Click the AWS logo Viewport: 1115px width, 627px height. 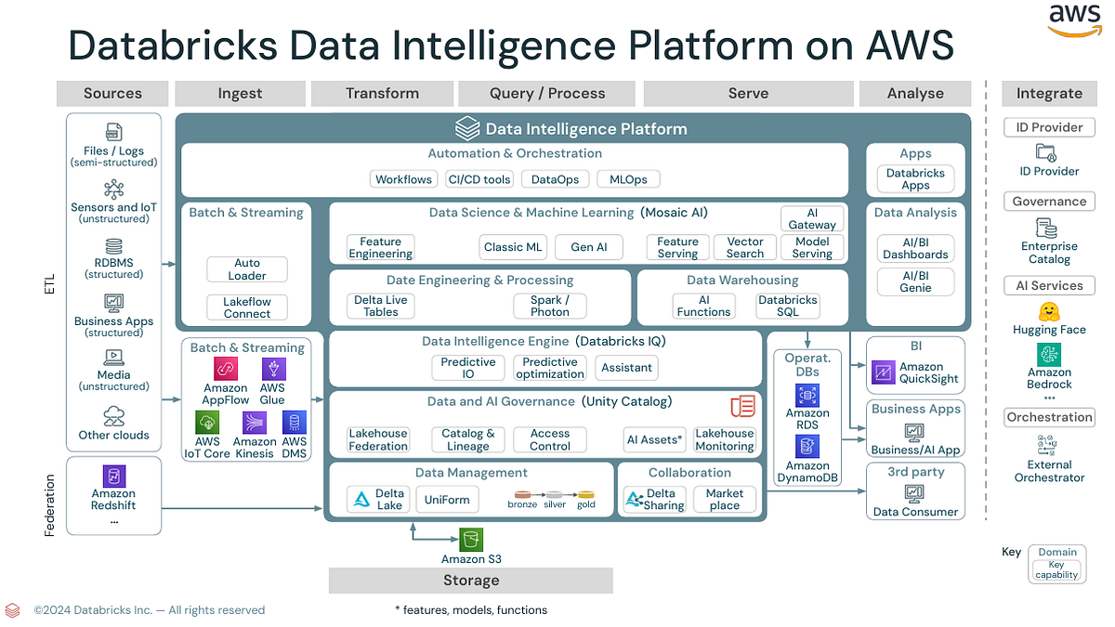click(1074, 20)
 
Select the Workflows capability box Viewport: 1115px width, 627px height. click(403, 179)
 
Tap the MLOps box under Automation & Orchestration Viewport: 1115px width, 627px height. click(628, 179)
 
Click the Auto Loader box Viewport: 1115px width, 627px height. click(247, 269)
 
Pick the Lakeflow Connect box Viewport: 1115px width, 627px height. click(247, 307)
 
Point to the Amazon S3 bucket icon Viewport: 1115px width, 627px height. click(471, 540)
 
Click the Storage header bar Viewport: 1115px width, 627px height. click(471, 581)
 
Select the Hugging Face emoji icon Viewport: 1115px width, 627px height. click(1049, 312)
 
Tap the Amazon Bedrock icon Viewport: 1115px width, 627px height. click(1049, 354)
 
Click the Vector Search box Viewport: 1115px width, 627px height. click(744, 247)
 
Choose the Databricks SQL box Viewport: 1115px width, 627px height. click(787, 307)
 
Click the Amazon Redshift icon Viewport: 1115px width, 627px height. click(113, 476)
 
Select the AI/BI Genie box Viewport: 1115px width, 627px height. click(915, 281)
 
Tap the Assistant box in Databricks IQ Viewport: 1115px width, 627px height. click(626, 368)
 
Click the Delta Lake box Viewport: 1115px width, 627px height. click(377, 500)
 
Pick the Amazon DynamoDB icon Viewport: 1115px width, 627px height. click(807, 448)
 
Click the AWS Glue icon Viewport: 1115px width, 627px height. click(272, 369)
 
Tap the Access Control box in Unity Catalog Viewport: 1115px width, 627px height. click(550, 439)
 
